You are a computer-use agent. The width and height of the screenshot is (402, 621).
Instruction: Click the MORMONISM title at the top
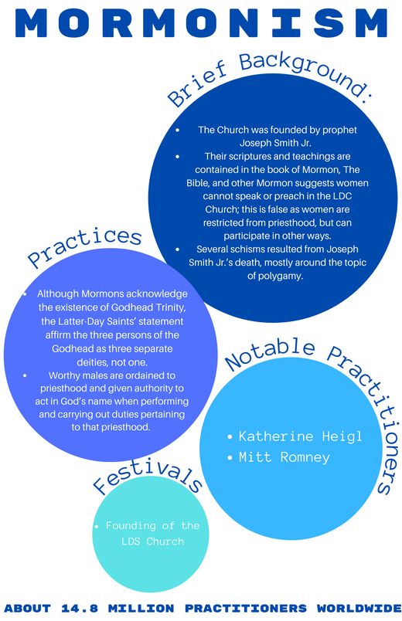point(201,23)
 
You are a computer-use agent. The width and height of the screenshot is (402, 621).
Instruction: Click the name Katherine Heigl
point(300,436)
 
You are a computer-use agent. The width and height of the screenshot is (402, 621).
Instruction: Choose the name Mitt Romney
point(284,457)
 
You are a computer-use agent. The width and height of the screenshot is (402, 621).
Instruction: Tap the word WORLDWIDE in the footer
point(359,608)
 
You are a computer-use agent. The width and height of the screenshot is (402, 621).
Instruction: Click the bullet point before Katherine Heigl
point(230,437)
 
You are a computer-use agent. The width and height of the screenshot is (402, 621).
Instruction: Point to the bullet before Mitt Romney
point(230,458)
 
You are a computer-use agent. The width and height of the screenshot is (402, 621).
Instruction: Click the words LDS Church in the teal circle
point(152,541)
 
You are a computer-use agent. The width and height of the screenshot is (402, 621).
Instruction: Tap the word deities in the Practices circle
point(90,362)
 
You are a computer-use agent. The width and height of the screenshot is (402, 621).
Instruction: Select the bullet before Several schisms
point(177,249)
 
